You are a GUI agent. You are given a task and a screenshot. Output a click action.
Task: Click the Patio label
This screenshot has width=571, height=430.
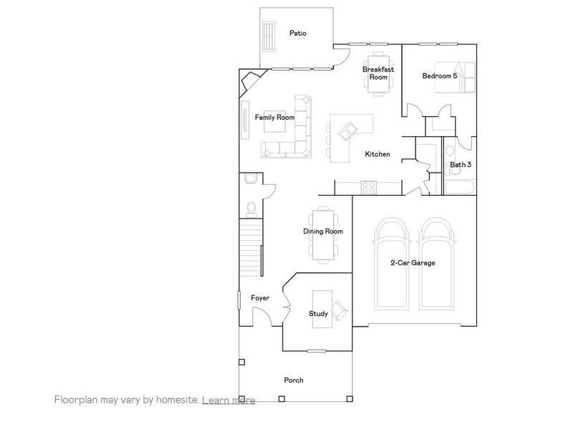(x=298, y=33)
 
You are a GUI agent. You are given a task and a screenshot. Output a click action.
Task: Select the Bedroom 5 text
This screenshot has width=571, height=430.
(x=439, y=76)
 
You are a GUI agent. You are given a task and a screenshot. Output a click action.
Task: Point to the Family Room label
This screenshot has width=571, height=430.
(x=275, y=117)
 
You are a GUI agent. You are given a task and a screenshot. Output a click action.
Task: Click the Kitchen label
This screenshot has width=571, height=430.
(x=377, y=155)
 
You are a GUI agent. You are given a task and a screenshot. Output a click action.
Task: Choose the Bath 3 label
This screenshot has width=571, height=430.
(x=460, y=165)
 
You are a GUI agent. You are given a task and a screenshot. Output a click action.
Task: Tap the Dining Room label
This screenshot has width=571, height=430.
(x=323, y=231)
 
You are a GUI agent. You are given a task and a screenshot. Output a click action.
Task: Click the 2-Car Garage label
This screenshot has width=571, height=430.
(x=413, y=263)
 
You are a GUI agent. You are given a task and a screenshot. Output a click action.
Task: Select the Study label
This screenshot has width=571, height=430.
(x=318, y=314)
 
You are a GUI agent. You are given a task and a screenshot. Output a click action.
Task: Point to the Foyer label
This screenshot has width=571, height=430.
(x=259, y=298)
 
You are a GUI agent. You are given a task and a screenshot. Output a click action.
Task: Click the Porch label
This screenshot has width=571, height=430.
(x=293, y=381)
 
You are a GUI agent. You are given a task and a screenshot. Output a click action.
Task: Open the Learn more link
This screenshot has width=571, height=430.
(x=229, y=400)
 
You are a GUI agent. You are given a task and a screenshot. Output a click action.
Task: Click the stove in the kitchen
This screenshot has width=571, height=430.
(x=368, y=188)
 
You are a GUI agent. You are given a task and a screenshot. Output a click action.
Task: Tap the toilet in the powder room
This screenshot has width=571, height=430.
(x=251, y=208)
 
